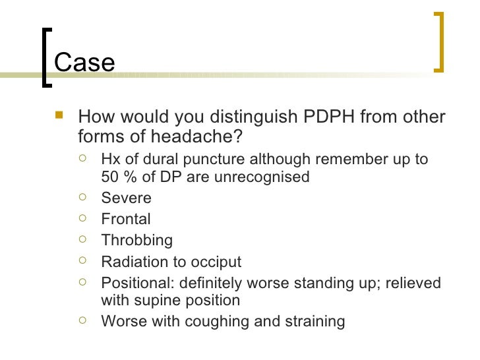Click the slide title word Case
click(84, 63)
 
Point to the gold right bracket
click(439, 40)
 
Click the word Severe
click(126, 198)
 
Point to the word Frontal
click(126, 219)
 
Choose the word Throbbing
click(136, 240)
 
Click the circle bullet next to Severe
click(82, 197)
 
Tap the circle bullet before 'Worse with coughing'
click(82, 320)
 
